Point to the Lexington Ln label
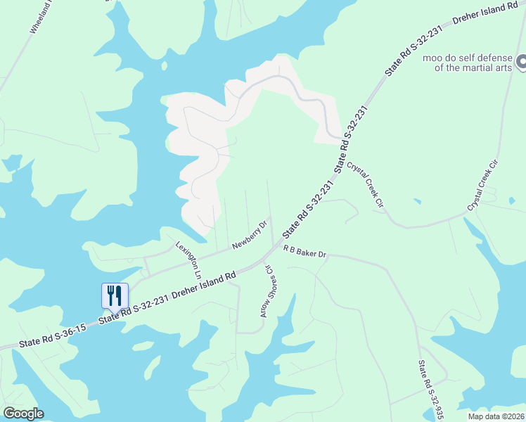pyautogui.click(x=189, y=259)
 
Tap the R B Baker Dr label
pyautogui.click(x=306, y=251)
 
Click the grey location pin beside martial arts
pyautogui.click(x=521, y=63)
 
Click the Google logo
pyautogui.click(x=23, y=414)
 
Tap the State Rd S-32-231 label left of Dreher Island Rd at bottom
pyautogui.click(x=133, y=309)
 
